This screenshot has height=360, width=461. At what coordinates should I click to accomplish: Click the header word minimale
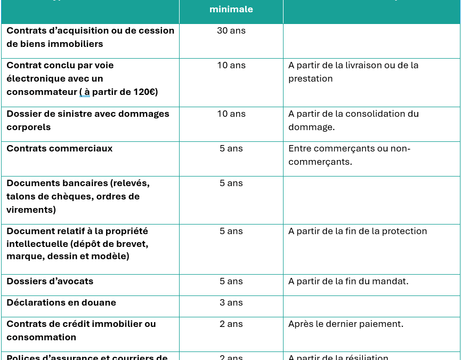pos(231,9)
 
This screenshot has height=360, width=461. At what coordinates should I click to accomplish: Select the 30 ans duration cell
pos(231,30)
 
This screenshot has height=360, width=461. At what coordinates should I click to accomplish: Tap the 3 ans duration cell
pos(231,302)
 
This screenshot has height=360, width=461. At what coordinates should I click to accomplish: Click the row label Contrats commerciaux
pos(60,148)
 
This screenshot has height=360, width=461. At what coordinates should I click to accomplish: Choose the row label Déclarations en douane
pos(61,302)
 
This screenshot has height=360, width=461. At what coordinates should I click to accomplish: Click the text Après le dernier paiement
pos(346,324)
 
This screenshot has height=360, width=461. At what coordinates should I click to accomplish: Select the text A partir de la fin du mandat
pos(348,281)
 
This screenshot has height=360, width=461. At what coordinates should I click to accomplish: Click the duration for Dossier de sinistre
pos(231,114)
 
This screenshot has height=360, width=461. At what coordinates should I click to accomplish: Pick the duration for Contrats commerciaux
pos(231,148)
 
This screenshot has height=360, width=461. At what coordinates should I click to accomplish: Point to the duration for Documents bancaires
pos(231,183)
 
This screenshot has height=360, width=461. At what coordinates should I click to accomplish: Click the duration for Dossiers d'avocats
pos(231,281)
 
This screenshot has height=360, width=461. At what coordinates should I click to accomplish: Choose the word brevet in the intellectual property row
pos(133,244)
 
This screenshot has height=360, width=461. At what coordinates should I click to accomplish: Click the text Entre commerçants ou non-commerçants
pos(349,155)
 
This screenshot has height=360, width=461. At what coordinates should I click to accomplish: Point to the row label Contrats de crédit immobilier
pos(81,324)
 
